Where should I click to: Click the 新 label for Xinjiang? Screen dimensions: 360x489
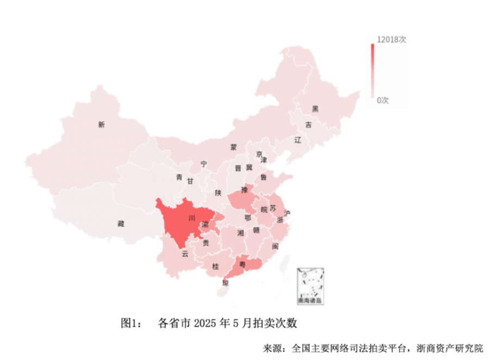point(101,125)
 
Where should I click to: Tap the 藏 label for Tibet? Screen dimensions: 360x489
point(121,223)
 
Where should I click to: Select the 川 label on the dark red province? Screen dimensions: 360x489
point(191,218)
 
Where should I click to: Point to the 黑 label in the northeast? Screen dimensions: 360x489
point(315,109)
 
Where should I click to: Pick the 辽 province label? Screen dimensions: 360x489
point(297,140)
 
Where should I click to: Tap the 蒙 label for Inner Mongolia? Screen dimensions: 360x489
point(233,147)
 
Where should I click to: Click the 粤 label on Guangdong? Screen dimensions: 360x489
point(242,264)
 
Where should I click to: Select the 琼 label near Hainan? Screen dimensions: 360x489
point(225,283)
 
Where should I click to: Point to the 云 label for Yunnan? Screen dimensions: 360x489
point(185,253)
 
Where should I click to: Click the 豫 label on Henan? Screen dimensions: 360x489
point(244,190)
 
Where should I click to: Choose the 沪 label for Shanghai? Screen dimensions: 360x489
point(287,213)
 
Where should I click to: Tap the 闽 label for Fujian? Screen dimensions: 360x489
point(275,246)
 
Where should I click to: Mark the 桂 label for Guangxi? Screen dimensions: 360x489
point(216,266)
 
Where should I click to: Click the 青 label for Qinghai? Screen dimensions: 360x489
point(179,177)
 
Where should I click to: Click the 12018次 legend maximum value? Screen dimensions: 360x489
point(391,39)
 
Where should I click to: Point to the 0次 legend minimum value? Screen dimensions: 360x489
point(384,100)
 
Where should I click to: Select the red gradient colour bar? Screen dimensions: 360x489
point(373,70)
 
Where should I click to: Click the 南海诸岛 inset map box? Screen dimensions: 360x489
point(310,285)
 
